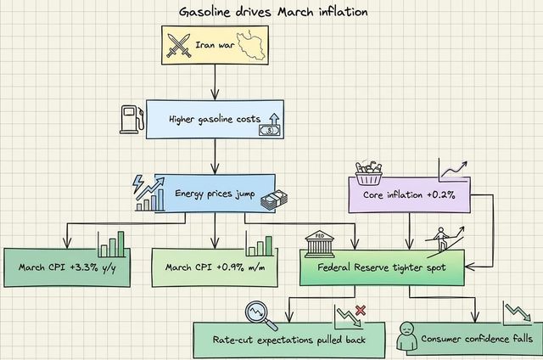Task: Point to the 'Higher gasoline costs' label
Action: coord(214,120)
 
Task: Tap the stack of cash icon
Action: coord(274,200)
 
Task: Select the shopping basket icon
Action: coord(367,172)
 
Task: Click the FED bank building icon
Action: coord(319,244)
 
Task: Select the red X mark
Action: coord(361,312)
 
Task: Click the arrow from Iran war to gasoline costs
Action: coord(213,83)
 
